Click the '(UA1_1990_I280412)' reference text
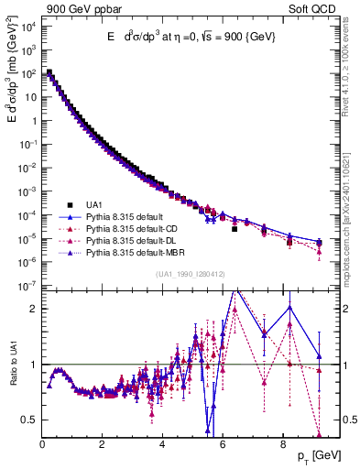click(191, 274)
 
